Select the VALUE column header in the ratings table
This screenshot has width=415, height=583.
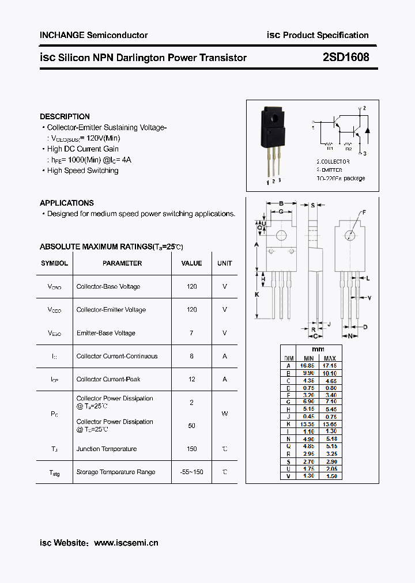(191, 263)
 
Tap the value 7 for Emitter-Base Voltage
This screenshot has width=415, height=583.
(191, 333)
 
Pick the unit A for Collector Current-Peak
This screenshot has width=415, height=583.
(225, 379)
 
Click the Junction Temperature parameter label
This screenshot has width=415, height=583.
(107, 449)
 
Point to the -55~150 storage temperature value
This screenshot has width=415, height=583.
(191, 472)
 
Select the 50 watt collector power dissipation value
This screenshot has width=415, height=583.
(191, 426)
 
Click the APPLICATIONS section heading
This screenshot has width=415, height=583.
(67, 203)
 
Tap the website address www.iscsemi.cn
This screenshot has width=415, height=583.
(126, 543)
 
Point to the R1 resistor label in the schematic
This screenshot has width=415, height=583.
(330, 147)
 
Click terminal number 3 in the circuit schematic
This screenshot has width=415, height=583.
(365, 153)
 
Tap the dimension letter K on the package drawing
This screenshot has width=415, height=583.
(257, 294)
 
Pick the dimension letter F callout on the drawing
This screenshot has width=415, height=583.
(364, 213)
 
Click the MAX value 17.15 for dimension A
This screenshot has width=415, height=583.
(329, 366)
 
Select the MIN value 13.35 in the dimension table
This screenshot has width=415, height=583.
(308, 424)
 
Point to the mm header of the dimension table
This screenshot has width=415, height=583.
(318, 349)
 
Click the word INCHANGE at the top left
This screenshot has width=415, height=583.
(62, 35)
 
